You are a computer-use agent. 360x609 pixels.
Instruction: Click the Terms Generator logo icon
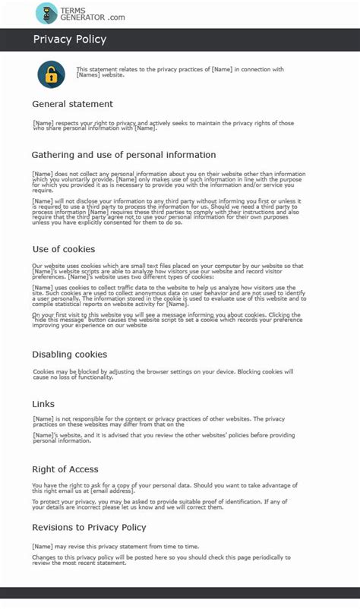tap(46, 13)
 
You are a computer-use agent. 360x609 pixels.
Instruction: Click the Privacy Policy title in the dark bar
tap(70, 39)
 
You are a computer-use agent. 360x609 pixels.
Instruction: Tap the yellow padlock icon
tap(52, 74)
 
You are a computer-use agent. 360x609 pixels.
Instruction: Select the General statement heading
tap(72, 104)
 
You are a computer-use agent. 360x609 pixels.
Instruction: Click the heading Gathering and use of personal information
tap(123, 155)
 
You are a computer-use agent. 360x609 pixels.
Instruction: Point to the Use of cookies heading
tap(64, 249)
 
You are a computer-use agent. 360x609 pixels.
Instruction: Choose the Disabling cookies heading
tap(69, 355)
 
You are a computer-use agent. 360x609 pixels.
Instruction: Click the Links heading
tap(44, 404)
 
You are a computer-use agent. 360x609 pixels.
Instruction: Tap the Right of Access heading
tap(65, 469)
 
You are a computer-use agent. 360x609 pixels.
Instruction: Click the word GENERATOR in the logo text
tap(81, 17)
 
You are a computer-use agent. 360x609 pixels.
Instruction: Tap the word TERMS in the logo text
tap(73, 8)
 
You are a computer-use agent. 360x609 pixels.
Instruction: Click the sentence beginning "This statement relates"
tap(180, 72)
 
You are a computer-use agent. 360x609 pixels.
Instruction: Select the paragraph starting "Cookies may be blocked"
tap(163, 374)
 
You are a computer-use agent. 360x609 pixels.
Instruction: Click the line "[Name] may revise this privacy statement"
tap(116, 546)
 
